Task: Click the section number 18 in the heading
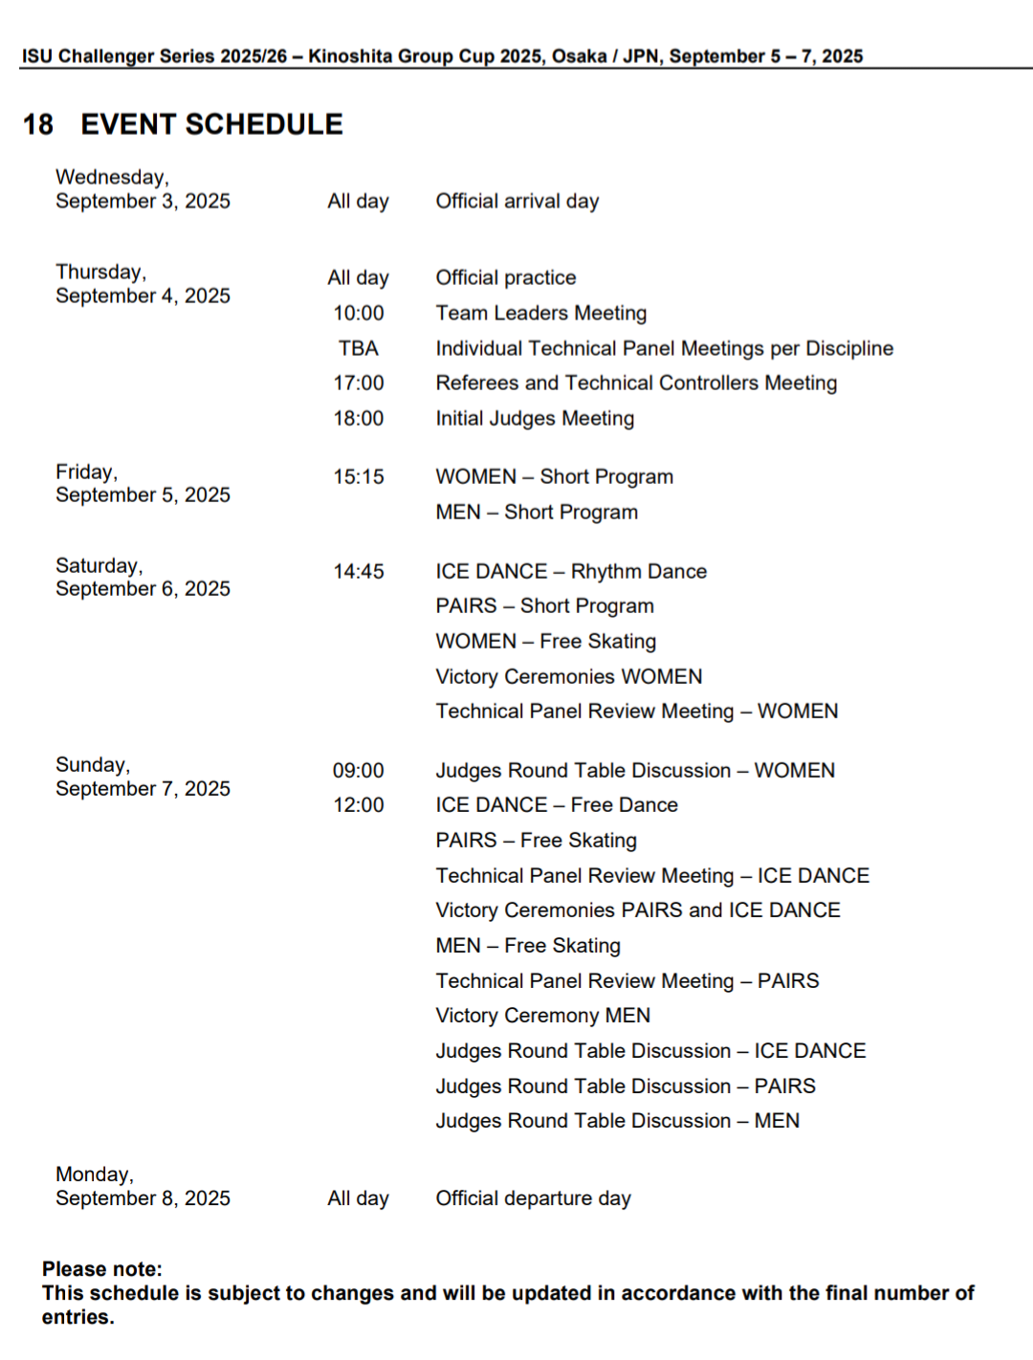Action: (x=38, y=124)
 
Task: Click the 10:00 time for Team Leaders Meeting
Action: (x=359, y=314)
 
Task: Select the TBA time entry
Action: (x=359, y=348)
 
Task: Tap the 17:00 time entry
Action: (x=359, y=384)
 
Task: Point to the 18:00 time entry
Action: (x=359, y=419)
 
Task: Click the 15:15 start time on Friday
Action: (x=359, y=477)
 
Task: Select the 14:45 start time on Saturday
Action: (x=359, y=572)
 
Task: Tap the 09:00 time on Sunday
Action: (x=359, y=771)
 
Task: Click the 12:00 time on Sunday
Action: (x=359, y=805)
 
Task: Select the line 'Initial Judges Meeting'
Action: (x=535, y=419)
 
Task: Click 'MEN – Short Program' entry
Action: (x=537, y=513)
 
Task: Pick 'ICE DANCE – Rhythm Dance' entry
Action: (x=571, y=572)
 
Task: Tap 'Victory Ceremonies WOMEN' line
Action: (x=568, y=677)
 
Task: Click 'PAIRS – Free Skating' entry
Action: (x=536, y=841)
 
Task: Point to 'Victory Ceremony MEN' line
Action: (x=542, y=1016)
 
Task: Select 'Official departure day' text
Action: (x=533, y=1198)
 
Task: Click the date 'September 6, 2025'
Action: (x=143, y=589)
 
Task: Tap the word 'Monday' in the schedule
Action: (x=93, y=1174)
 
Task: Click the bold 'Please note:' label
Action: (x=102, y=1269)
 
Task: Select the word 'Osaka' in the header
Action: (x=579, y=56)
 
